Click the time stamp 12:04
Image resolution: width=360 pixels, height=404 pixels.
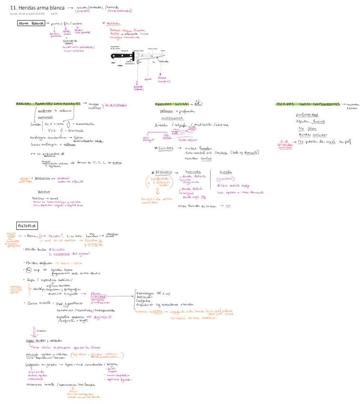(54, 14)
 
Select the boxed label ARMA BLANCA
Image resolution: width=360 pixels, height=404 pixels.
(31, 23)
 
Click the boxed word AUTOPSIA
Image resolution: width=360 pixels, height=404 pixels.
(27, 225)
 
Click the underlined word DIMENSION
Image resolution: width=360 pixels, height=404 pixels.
(42, 178)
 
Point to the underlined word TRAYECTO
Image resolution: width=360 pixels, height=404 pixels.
(38, 192)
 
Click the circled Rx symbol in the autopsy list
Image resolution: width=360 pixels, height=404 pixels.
(28, 270)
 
